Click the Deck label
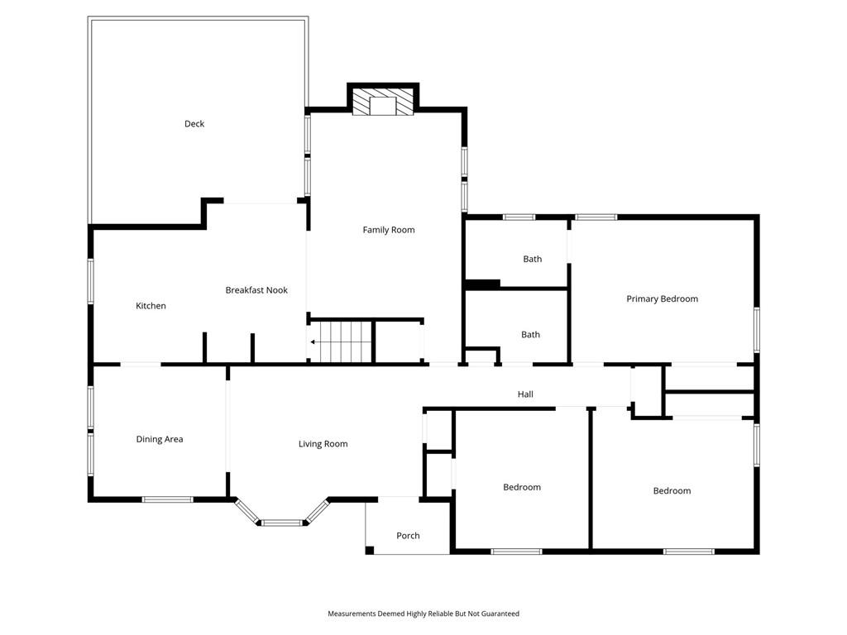(x=194, y=124)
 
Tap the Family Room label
(x=389, y=230)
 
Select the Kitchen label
(x=151, y=306)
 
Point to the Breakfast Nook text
(x=256, y=290)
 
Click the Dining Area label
(x=160, y=440)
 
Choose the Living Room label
(x=323, y=444)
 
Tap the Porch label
(x=408, y=536)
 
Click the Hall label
(x=525, y=394)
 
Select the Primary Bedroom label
(x=663, y=299)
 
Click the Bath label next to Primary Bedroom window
(x=532, y=259)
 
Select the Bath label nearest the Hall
(x=530, y=335)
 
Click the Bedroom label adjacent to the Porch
(x=522, y=487)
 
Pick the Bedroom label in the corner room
(x=672, y=491)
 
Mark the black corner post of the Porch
(x=370, y=550)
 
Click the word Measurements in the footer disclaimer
(x=352, y=614)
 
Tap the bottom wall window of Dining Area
(x=167, y=499)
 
